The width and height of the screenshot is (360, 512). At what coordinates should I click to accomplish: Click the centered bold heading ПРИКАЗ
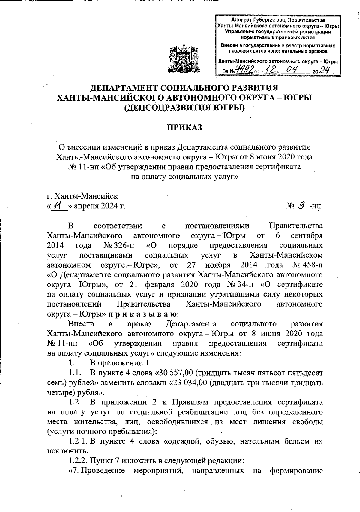point(185,128)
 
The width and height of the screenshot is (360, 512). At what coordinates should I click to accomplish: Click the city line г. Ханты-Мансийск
point(82,196)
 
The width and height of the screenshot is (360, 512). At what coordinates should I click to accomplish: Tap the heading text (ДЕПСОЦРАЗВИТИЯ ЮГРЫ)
point(185,107)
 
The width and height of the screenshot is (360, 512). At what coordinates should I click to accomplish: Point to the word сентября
point(307,235)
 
